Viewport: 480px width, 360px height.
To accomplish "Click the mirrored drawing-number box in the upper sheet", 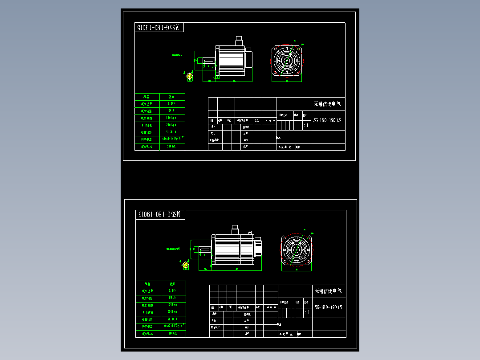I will click(159, 28).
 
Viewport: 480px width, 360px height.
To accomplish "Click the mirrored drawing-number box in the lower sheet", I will click(160, 215).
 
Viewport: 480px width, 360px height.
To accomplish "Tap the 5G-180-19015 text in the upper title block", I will click(327, 120).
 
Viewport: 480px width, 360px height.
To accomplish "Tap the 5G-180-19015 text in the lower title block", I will click(328, 307).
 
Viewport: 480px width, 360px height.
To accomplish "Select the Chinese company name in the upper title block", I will click(327, 104).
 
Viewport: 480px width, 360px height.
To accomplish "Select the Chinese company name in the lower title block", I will click(328, 291).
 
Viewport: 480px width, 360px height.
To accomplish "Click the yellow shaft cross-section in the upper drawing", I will click(189, 77).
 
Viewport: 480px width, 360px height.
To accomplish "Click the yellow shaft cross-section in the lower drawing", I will click(186, 266).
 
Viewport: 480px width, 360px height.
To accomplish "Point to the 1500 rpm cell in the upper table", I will click(172, 118).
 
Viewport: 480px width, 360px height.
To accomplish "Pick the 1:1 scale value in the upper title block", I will click(306, 126).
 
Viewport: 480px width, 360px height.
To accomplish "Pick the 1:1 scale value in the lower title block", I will click(307, 313).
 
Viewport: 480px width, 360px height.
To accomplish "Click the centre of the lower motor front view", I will click(296, 250).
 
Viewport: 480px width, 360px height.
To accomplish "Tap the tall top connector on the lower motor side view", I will click(235, 229).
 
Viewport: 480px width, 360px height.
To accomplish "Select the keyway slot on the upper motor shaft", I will click(208, 61).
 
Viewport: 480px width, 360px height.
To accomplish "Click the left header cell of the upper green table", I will click(147, 97).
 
